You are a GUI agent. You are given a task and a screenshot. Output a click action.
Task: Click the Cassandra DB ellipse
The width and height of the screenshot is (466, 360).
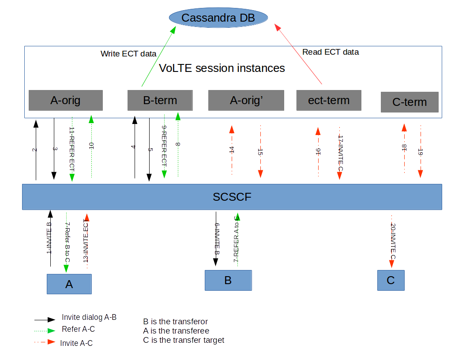pos(218,18)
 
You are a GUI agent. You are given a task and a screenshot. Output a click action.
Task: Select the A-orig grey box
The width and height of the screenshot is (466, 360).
pos(65,100)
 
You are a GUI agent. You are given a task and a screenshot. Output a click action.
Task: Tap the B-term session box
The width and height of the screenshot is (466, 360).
pos(160,100)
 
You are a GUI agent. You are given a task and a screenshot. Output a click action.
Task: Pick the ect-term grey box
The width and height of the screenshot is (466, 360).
pos(329,100)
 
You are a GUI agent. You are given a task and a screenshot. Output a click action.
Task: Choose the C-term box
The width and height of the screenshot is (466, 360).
pos(410,102)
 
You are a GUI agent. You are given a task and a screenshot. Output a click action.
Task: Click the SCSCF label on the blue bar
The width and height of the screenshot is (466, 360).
pos(232,197)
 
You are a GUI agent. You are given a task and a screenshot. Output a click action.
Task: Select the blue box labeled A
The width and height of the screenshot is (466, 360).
pos(69,284)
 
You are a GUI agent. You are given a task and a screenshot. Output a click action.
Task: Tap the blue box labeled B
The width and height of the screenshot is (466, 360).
pos(228,280)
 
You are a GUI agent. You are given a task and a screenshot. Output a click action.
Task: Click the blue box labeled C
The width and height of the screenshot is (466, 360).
pos(391,280)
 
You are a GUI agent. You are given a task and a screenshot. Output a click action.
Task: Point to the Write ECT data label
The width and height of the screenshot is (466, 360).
pos(128,54)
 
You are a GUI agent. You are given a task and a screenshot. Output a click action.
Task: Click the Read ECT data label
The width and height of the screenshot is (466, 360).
pos(331,52)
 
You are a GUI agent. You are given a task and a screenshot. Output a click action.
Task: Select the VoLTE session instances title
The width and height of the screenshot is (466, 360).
pos(222,68)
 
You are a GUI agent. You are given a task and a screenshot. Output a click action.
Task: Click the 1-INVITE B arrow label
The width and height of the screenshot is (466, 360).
pos(49,238)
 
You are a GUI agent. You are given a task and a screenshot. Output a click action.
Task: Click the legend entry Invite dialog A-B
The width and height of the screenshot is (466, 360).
pos(89,317)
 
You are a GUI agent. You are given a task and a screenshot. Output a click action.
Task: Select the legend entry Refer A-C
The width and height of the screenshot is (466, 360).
pos(78,329)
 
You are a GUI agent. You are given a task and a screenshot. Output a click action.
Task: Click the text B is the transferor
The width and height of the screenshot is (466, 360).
pos(175,321)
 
